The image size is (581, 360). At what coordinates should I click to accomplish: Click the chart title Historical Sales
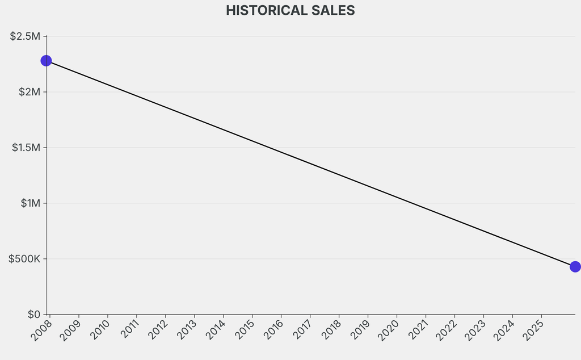coord(290,10)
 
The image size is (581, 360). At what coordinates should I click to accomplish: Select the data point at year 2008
coord(47,61)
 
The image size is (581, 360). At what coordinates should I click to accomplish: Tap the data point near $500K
coord(575,266)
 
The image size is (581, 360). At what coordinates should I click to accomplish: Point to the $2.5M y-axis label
coord(26,36)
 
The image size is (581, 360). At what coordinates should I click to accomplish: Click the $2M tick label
coord(28,92)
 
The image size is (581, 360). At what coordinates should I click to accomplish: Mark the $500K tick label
coord(24,259)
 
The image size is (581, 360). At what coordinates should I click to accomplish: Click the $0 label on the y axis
coord(33,315)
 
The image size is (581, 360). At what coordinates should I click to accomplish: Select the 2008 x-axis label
coord(40,330)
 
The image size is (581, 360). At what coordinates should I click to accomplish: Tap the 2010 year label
coord(98,330)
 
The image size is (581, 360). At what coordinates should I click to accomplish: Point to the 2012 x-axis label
coord(156,330)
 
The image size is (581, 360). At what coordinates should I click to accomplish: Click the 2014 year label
coord(214,330)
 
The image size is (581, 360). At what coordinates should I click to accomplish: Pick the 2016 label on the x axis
coord(272,330)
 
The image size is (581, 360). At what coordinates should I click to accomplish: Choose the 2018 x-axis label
coord(330,330)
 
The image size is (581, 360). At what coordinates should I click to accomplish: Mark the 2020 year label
coord(388,330)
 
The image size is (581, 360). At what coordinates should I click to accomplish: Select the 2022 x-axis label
coord(445,330)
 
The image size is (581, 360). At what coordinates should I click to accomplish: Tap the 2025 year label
coord(532,330)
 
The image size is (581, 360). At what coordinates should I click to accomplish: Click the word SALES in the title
coord(333,10)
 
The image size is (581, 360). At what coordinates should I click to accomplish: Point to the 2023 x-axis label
coord(474,330)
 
